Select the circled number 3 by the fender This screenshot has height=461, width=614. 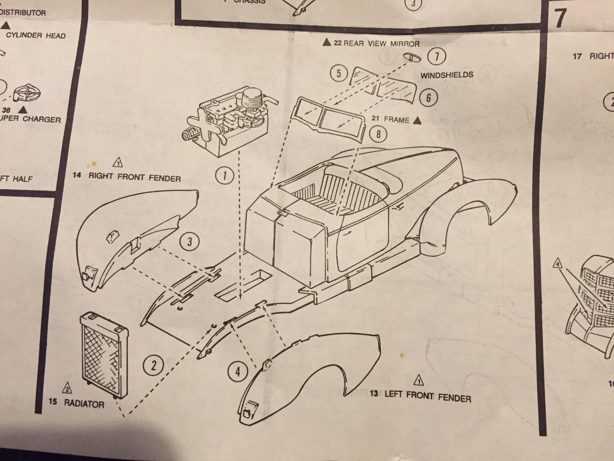(x=190, y=242)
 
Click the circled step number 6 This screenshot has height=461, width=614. (x=428, y=98)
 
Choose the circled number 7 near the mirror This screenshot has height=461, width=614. (x=437, y=56)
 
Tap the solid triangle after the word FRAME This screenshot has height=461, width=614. (x=417, y=121)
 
